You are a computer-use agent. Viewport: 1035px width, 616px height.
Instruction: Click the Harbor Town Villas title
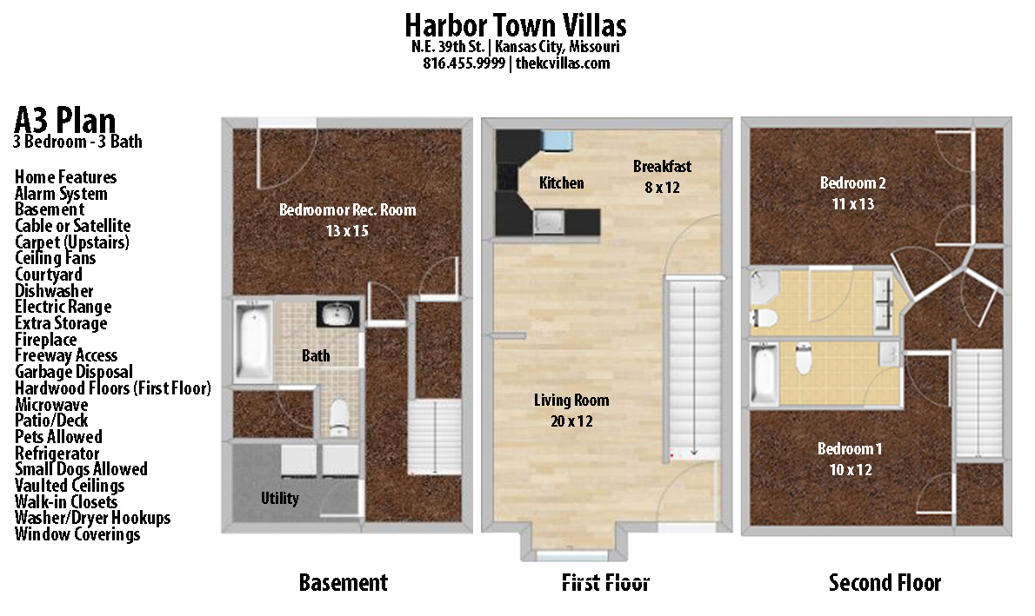516,23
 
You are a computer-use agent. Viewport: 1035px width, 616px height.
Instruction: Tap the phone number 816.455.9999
464,63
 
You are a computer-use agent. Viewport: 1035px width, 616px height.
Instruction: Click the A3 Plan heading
64,119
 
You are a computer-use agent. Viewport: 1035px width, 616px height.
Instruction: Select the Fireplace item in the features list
45,340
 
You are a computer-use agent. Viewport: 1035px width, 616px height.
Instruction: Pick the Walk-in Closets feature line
66,501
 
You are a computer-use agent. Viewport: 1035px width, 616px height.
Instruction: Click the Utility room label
279,499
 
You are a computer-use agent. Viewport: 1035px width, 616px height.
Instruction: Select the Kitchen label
561,182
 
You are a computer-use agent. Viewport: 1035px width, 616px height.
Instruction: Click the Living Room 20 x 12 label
571,411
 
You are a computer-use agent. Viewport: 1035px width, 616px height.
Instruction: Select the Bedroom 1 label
849,459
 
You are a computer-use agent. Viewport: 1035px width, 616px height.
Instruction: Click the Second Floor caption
885,582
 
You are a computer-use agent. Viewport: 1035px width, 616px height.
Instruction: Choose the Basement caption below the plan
343,582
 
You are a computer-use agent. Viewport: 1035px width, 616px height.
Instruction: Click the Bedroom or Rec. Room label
347,220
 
